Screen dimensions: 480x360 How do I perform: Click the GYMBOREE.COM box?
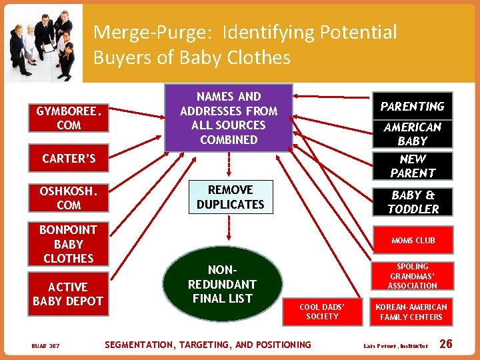69,118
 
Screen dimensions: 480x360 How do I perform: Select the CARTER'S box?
69,159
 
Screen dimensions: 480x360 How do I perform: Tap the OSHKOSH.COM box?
69,198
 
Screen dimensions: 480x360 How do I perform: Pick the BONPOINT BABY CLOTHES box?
69,244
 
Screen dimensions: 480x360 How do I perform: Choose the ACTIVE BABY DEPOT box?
68,294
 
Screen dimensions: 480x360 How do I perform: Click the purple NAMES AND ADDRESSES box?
229,118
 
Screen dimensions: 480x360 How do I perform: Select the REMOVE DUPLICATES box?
230,197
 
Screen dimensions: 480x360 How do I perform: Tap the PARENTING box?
412,107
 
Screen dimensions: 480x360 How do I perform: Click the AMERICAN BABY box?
412,134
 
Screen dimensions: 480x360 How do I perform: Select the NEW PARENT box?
412,166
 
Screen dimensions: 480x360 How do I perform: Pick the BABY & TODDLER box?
413,202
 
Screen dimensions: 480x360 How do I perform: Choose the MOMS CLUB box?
413,240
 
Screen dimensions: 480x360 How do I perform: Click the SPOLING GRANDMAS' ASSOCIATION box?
413,276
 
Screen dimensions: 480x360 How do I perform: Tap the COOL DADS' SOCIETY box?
322,311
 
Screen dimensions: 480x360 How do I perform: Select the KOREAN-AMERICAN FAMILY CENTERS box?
411,311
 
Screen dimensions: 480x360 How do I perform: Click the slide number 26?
446,344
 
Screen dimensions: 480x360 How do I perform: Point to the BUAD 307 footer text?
45,345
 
